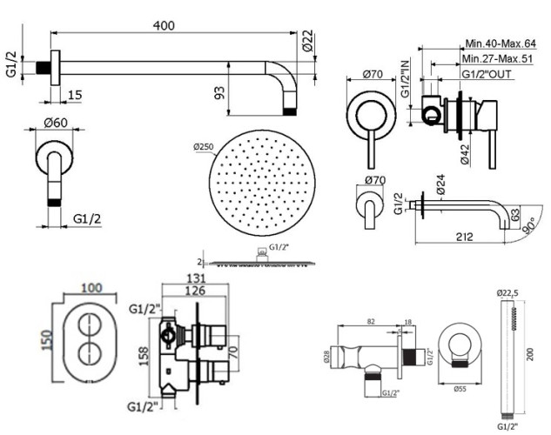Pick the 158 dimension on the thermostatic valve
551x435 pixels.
[145, 353]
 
